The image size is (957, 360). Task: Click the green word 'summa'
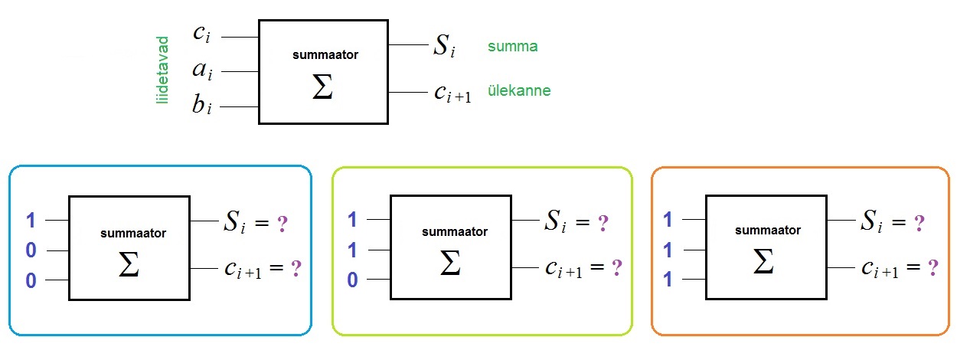click(x=512, y=46)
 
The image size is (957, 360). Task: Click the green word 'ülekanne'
click(x=518, y=90)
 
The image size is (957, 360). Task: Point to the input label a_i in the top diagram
click(x=202, y=71)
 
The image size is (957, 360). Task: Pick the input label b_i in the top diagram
click(x=201, y=106)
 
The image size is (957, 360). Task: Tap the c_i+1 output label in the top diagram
click(x=452, y=93)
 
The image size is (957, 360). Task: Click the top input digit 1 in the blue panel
click(x=31, y=221)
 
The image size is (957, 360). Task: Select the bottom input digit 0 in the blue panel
click(x=31, y=280)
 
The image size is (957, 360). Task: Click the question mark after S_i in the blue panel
click(x=283, y=224)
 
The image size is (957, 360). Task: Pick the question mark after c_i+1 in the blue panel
click(x=296, y=269)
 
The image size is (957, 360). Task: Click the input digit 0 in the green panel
click(x=352, y=280)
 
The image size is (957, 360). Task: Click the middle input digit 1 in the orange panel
click(x=668, y=250)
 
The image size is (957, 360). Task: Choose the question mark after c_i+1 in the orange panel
click(x=933, y=268)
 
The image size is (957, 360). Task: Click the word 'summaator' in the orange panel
click(x=766, y=230)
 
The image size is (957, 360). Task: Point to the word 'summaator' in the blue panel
click(x=133, y=232)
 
